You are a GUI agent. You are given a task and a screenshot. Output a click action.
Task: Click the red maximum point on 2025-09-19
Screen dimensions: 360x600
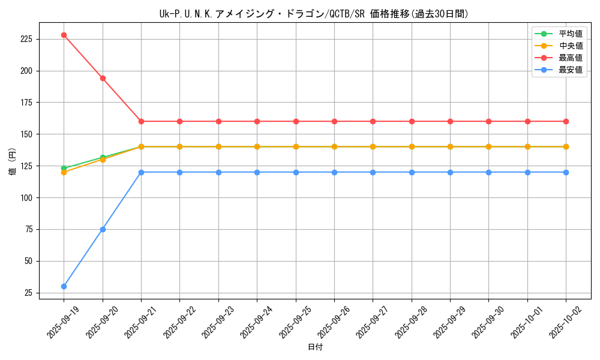[64, 35]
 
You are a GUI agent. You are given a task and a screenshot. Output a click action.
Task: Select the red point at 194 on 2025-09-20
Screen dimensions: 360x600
[103, 78]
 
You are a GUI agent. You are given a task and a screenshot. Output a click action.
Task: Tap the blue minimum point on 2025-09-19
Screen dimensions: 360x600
[64, 286]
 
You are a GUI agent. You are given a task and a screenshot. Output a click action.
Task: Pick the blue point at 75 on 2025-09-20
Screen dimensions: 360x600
[103, 229]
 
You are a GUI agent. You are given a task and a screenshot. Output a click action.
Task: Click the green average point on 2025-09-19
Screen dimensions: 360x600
[64, 168]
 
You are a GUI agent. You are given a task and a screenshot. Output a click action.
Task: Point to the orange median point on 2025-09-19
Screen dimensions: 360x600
[64, 172]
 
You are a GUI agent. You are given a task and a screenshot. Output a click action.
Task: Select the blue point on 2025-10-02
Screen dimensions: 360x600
[566, 172]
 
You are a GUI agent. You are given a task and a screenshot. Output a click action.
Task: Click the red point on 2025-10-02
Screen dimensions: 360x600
[566, 121]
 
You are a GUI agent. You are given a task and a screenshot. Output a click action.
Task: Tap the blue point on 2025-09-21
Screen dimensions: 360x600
[141, 172]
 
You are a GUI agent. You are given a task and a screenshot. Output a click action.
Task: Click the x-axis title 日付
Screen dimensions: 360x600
[315, 347]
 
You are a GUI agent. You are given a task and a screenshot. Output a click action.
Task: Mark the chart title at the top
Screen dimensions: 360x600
[315, 14]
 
